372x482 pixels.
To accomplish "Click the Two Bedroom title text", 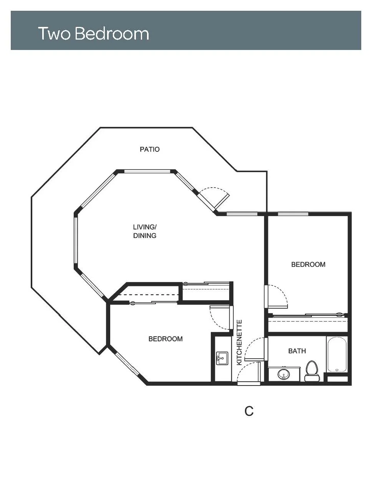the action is click(x=94, y=33).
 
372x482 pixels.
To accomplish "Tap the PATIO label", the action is click(x=150, y=149).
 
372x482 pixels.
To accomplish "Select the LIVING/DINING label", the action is click(x=145, y=231).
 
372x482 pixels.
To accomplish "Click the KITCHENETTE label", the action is click(x=239, y=342).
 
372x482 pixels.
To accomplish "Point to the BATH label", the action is click(x=297, y=351).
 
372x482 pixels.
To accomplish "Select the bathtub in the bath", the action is click(x=337, y=354).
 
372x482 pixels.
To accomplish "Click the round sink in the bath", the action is click(x=284, y=374).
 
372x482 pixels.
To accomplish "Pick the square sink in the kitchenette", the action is click(x=222, y=358).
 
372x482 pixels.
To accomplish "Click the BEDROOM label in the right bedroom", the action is click(x=308, y=264).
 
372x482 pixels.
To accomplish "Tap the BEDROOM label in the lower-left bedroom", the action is click(x=165, y=339).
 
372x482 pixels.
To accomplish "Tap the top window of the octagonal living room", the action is click(x=147, y=171).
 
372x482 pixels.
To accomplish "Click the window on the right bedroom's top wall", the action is click(x=293, y=214).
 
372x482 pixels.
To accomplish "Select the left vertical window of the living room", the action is click(x=76, y=240).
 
